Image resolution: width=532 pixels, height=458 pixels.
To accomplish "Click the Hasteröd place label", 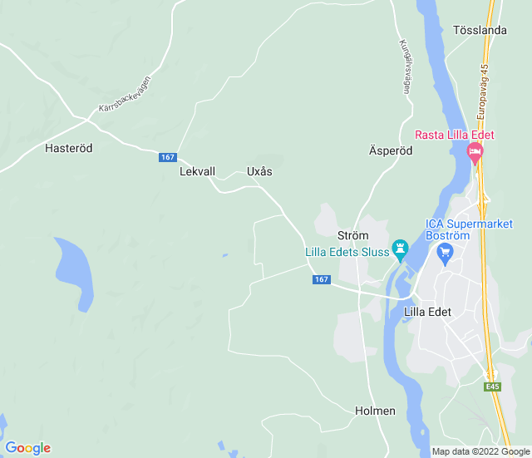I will click(68, 148).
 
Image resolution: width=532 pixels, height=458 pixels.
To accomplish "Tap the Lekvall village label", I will click(197, 172).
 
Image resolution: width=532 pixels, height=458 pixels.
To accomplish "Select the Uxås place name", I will click(259, 172).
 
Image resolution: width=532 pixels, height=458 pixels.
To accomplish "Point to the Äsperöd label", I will click(391, 151).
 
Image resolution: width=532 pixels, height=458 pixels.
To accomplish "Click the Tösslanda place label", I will click(480, 31).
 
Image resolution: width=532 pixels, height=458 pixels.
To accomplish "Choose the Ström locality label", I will click(352, 236).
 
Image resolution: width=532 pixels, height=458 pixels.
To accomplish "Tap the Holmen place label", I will click(375, 411).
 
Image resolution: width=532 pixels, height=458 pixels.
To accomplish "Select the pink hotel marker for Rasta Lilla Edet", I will click(475, 152).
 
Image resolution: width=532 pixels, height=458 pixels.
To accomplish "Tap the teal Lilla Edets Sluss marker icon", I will click(401, 249).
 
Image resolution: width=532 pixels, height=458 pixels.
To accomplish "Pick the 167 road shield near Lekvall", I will click(168, 157).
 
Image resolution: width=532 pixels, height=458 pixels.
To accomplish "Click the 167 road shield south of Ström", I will click(322, 280).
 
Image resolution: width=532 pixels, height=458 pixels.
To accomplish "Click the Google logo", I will click(27, 448).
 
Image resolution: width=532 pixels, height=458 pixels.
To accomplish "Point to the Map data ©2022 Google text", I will click(480, 452).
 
